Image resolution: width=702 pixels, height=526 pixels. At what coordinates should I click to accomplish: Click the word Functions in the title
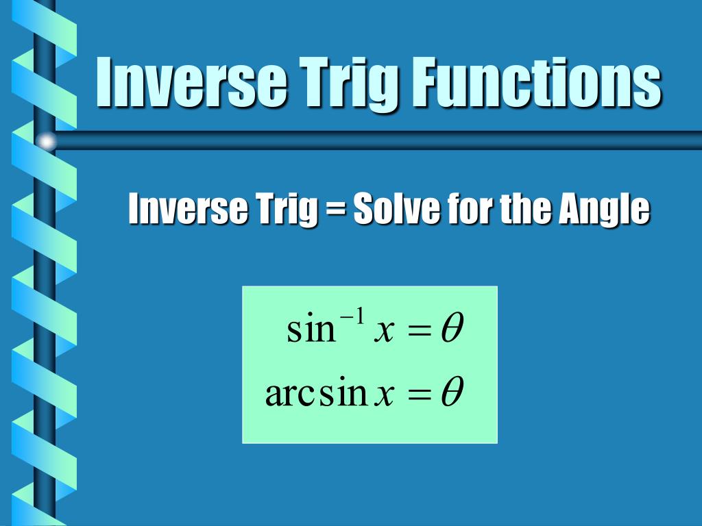coord(536,82)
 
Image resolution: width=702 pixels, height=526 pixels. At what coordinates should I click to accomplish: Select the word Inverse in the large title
coord(191,82)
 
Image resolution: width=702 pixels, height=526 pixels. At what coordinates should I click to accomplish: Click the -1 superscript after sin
coord(353,318)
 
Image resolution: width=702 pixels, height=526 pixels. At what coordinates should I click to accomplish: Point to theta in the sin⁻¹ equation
coord(452,328)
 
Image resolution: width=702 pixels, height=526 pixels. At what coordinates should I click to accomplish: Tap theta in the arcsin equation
coord(452,391)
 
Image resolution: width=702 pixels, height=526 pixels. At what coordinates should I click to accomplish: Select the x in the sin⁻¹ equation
coord(384,332)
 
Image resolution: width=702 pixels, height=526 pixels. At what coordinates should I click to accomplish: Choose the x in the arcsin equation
coord(385,395)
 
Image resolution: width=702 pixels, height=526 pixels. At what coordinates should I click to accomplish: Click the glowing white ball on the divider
coord(46,141)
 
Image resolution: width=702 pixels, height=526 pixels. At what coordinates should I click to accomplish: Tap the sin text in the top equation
coord(311,328)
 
